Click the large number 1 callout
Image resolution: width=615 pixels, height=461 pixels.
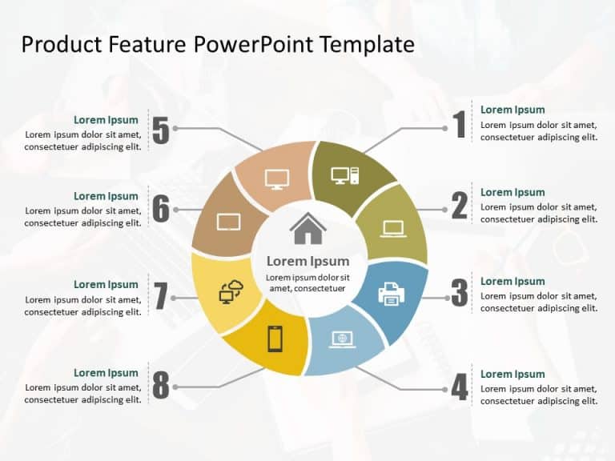coord(459,125)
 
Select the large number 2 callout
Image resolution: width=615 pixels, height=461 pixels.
coord(459,206)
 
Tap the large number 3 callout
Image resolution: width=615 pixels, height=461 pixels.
coord(459,294)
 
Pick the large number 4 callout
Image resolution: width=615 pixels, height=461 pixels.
coord(459,387)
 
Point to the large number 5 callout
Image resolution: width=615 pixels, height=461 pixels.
coord(161,130)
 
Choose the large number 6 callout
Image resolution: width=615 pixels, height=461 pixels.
coord(161,209)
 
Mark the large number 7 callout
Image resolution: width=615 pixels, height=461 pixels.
coord(161,297)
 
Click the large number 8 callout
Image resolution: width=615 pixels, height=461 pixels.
coord(161,386)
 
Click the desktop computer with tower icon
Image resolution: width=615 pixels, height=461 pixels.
coord(345,175)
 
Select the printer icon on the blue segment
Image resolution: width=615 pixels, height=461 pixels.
coord(392,294)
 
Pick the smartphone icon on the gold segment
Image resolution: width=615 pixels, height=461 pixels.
coord(275,339)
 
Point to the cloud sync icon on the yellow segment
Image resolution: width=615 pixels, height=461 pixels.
coord(231,292)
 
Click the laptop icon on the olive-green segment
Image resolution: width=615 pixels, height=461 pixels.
coord(393,229)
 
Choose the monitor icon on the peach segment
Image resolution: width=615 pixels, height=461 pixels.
coord(276,179)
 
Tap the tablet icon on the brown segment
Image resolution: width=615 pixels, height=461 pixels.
coord(229,222)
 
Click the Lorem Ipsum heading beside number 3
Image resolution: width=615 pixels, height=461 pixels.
coord(512,281)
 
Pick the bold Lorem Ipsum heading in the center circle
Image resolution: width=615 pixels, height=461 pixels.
coord(307,261)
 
